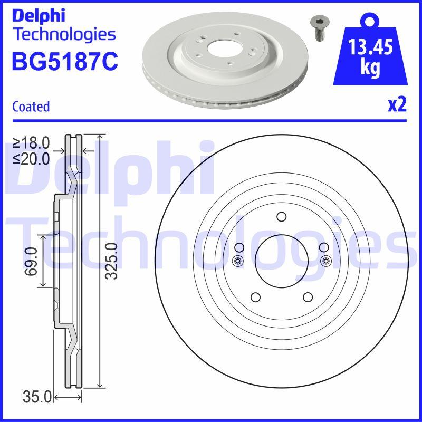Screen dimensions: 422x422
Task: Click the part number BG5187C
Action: point(64,61)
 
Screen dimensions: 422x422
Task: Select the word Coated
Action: point(31,107)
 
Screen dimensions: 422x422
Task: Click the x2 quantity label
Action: point(397,105)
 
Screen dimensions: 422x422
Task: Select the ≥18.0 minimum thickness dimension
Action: point(31,142)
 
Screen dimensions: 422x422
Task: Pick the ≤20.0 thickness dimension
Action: point(31,158)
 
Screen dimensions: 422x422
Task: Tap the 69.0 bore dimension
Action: point(31,261)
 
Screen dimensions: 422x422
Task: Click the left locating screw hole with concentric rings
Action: point(237,260)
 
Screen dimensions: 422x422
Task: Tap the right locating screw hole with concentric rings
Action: point(325,260)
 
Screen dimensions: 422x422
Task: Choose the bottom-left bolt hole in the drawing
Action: point(255,297)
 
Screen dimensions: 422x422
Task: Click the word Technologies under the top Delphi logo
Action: point(64,34)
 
